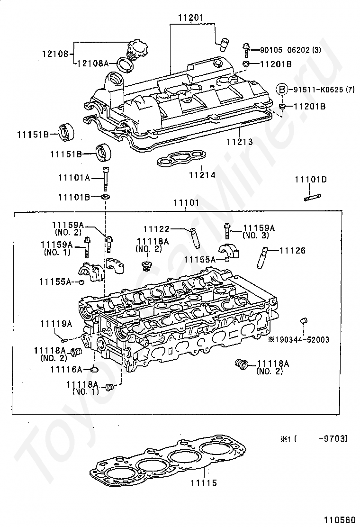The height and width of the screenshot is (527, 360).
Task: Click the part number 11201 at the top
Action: click(191, 18)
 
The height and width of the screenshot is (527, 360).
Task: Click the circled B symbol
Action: click(282, 90)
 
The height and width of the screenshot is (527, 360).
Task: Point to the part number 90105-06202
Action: click(285, 50)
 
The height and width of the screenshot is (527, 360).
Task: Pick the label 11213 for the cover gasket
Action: click(239, 142)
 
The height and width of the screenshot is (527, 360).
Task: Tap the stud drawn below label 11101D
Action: click(313, 197)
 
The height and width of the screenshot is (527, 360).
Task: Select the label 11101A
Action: click(74, 177)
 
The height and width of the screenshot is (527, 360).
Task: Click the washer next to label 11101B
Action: click(106, 196)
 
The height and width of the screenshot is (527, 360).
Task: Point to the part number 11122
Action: click(156, 229)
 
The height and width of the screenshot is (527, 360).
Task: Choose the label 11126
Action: click(293, 250)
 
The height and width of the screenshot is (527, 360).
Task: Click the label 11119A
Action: click(56, 324)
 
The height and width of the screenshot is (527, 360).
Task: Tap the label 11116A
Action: click(66, 369)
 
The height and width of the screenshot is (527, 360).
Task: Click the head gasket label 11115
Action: click(204, 483)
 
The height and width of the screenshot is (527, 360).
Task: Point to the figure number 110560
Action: click(340, 519)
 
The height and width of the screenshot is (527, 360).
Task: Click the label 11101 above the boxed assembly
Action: click(186, 203)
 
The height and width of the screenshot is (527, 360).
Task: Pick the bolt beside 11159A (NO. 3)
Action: click(227, 231)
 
